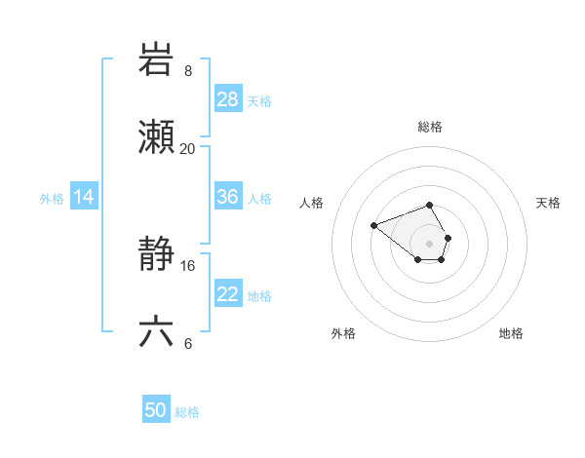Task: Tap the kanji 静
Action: tap(157, 254)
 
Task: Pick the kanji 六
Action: tap(157, 332)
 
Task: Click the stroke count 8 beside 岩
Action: tap(188, 71)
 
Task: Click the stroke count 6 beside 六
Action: tap(187, 344)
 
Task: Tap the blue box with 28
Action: tap(228, 98)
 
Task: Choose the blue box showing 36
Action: tap(228, 197)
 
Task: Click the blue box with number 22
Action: tap(228, 294)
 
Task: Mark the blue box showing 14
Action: tap(84, 197)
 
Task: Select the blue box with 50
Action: tap(156, 410)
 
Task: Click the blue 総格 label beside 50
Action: tap(187, 412)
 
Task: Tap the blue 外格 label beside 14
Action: tap(52, 199)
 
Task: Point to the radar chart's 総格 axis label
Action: tap(430, 127)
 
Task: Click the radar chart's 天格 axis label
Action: tap(548, 203)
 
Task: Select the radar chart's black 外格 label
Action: tap(343, 333)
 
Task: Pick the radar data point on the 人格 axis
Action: tap(373, 226)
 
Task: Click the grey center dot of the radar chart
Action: tap(429, 244)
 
